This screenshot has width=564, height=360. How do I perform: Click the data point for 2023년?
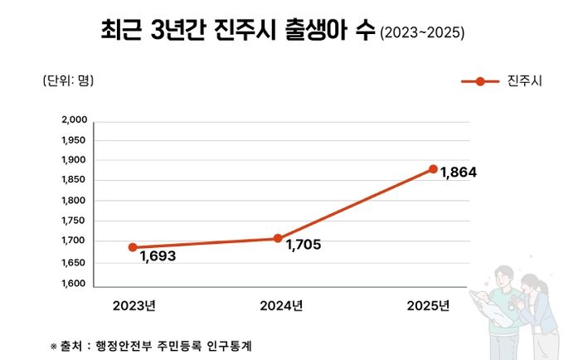click(x=133, y=247)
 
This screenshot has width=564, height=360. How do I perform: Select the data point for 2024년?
click(x=278, y=239)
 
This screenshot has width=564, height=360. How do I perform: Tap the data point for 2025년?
click(x=433, y=169)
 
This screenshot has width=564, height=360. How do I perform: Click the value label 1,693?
click(x=158, y=256)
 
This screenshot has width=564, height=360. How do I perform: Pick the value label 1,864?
click(x=459, y=173)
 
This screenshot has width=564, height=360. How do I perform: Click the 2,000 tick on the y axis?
click(x=75, y=119)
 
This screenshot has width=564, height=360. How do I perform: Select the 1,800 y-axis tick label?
click(x=75, y=201)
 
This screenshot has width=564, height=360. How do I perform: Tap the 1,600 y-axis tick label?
click(x=75, y=283)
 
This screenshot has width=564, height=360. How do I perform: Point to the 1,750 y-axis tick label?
click(x=75, y=221)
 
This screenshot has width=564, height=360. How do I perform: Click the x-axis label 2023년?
click(x=135, y=305)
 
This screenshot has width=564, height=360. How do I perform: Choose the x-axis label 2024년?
click(x=281, y=305)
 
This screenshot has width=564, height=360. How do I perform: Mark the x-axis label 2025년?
click(x=428, y=305)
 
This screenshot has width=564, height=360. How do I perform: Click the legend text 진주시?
click(x=524, y=81)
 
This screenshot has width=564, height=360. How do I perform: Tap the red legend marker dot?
click(x=479, y=81)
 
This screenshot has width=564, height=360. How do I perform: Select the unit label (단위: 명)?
click(x=68, y=80)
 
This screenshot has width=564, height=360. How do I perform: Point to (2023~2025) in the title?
click(x=421, y=34)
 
